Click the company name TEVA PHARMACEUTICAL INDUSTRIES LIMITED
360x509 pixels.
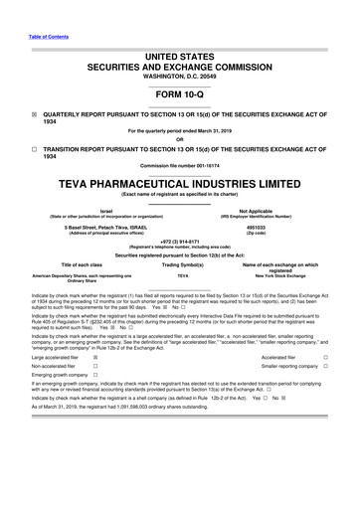pyautogui.click(x=180, y=186)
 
